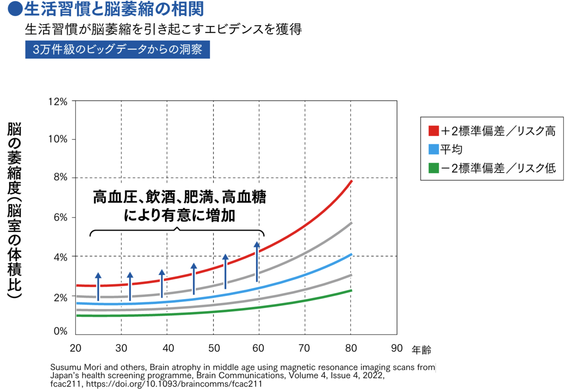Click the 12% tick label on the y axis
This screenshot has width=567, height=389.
(x=58, y=102)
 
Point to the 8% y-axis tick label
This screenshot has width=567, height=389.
(x=60, y=177)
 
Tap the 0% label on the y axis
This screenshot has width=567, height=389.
(x=60, y=331)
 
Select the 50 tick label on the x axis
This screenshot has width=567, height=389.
(x=214, y=348)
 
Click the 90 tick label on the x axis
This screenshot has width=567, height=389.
(x=397, y=348)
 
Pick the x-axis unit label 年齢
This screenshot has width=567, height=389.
(x=421, y=350)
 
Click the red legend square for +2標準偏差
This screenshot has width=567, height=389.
(x=433, y=131)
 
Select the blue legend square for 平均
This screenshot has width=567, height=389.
(x=433, y=149)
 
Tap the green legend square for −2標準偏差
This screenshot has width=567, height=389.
(x=433, y=168)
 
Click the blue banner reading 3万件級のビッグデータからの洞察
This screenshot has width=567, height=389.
(x=117, y=49)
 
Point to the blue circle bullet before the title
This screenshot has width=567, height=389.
(x=15, y=9)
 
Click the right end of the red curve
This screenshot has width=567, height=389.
(x=351, y=181)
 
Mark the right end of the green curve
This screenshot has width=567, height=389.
(x=351, y=290)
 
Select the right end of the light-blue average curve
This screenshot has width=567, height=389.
(x=351, y=254)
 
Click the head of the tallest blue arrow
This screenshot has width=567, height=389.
(x=257, y=245)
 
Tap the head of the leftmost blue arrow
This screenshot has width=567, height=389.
(x=98, y=275)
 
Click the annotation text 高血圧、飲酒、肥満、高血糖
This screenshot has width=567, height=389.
(x=179, y=197)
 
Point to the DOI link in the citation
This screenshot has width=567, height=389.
(x=174, y=384)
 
